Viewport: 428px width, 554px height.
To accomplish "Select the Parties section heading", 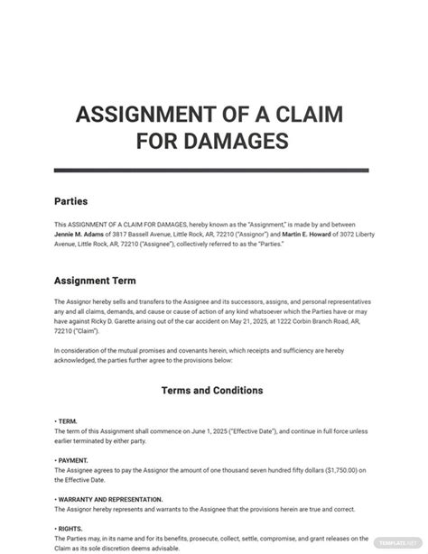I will pos(71,201).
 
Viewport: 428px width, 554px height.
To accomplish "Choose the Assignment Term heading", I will pos(96,280).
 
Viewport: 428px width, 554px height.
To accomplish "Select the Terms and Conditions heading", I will pos(212,391).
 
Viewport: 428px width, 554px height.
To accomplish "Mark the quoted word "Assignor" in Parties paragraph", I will pos(237,234).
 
